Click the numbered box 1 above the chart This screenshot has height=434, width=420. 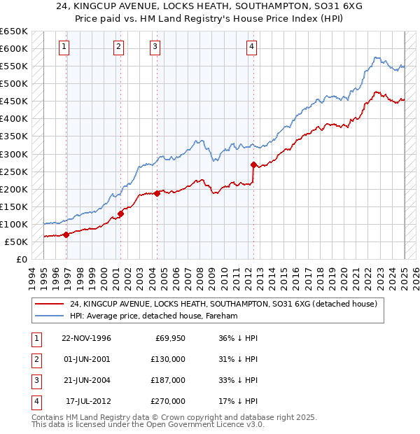[x=64, y=47]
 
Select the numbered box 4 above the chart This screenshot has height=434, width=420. [x=251, y=47]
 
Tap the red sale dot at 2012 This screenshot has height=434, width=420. [x=253, y=164]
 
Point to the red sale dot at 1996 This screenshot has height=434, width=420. [x=66, y=234]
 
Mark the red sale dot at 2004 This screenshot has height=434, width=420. [x=157, y=193]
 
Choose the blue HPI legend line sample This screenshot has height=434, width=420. [x=50, y=316]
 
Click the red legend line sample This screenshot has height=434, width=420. [x=50, y=304]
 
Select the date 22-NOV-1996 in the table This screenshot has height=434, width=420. [x=87, y=338]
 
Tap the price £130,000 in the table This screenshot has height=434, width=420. [x=168, y=359]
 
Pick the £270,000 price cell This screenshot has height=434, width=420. [x=168, y=401]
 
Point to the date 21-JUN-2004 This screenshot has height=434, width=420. [x=87, y=380]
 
